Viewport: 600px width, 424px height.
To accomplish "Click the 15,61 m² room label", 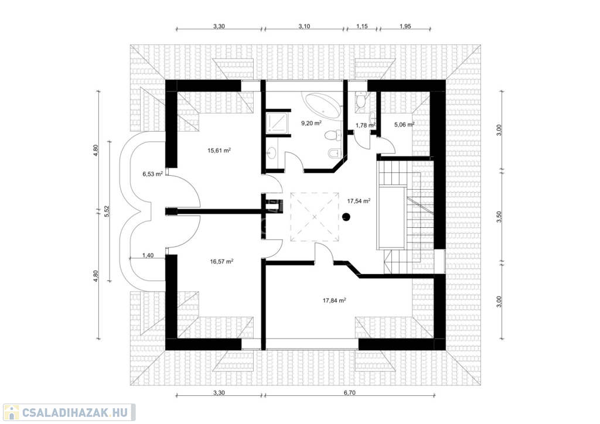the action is click(x=219, y=151).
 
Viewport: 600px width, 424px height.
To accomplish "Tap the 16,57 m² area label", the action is click(x=221, y=262).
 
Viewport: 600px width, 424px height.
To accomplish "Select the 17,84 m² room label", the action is click(x=335, y=300).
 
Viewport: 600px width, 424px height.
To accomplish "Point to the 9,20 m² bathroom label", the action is click(x=311, y=123).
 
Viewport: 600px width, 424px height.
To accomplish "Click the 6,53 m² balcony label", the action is click(x=153, y=174).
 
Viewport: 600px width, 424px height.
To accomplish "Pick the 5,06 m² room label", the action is click(x=404, y=124).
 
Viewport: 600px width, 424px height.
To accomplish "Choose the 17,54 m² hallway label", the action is click(x=359, y=201).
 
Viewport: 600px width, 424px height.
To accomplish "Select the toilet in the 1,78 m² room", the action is click(x=361, y=99).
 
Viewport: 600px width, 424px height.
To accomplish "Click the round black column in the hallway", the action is click(x=346, y=217).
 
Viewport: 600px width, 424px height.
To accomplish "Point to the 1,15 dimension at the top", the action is click(x=362, y=26).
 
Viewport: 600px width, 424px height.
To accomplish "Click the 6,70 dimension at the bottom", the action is click(x=349, y=392).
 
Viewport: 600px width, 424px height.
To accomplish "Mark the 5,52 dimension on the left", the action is click(x=107, y=211).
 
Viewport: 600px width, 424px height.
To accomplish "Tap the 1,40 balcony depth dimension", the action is click(x=148, y=255).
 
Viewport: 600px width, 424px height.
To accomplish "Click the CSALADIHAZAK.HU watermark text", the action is click(x=74, y=413).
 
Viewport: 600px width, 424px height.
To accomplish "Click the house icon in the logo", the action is click(x=11, y=412).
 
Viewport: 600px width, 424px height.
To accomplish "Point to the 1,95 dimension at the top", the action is click(x=405, y=26).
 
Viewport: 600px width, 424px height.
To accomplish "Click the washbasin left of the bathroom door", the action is click(x=271, y=153).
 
